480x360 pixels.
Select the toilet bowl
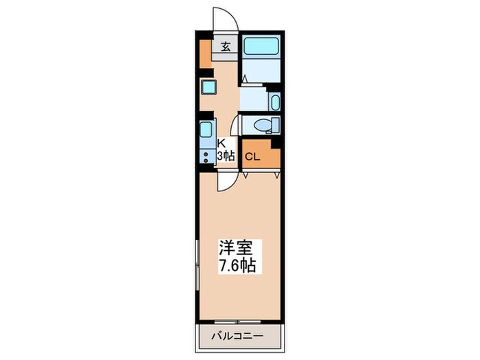261,125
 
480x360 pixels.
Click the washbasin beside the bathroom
275,104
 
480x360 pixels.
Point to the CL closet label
252,156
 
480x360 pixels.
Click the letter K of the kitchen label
221,144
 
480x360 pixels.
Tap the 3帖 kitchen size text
226,156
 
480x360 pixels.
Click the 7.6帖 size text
238,266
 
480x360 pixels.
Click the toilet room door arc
235,127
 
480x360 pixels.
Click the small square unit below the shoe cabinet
208,87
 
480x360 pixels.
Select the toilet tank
276,125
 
